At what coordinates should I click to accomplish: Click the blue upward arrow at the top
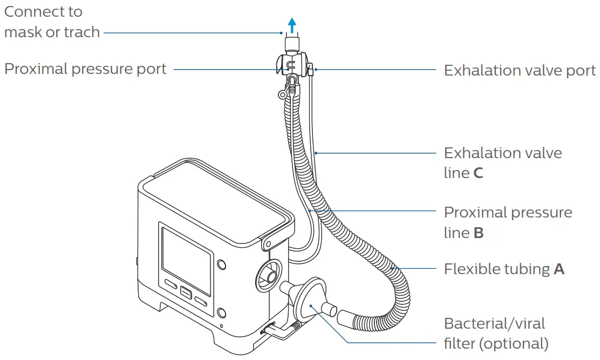(292, 24)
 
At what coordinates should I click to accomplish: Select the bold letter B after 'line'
(479, 234)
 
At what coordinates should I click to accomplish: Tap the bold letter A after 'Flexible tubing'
(559, 269)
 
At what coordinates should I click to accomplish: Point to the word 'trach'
(81, 32)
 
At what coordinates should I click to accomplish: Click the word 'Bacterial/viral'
(494, 324)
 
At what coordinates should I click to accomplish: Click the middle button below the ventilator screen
(186, 293)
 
